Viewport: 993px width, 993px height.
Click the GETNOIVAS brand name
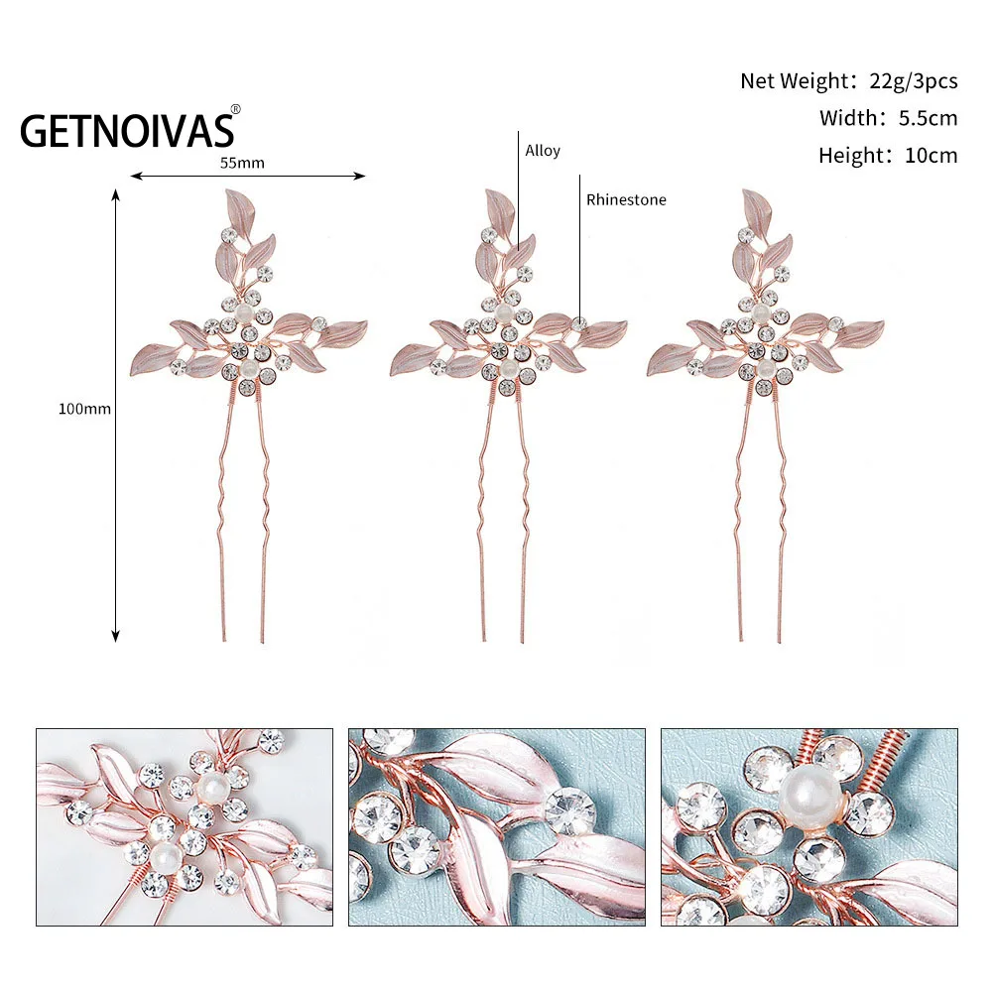(x=127, y=130)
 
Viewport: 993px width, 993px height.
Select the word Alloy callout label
(x=543, y=151)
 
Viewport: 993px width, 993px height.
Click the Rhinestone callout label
(x=626, y=199)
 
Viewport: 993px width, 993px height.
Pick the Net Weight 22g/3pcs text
(x=848, y=81)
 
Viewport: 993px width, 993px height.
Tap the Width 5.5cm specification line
(x=888, y=118)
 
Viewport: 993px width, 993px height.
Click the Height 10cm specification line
(x=888, y=155)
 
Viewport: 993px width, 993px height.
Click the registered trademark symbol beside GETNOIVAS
(x=235, y=109)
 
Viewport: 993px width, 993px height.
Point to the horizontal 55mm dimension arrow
(x=248, y=177)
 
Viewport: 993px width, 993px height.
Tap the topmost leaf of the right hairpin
(x=758, y=207)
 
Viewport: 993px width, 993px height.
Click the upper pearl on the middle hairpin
(x=502, y=312)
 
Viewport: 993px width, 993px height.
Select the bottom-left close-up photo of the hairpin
(x=185, y=827)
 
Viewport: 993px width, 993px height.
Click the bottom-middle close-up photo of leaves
(x=496, y=827)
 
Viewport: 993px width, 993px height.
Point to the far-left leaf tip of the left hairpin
(x=136, y=369)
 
